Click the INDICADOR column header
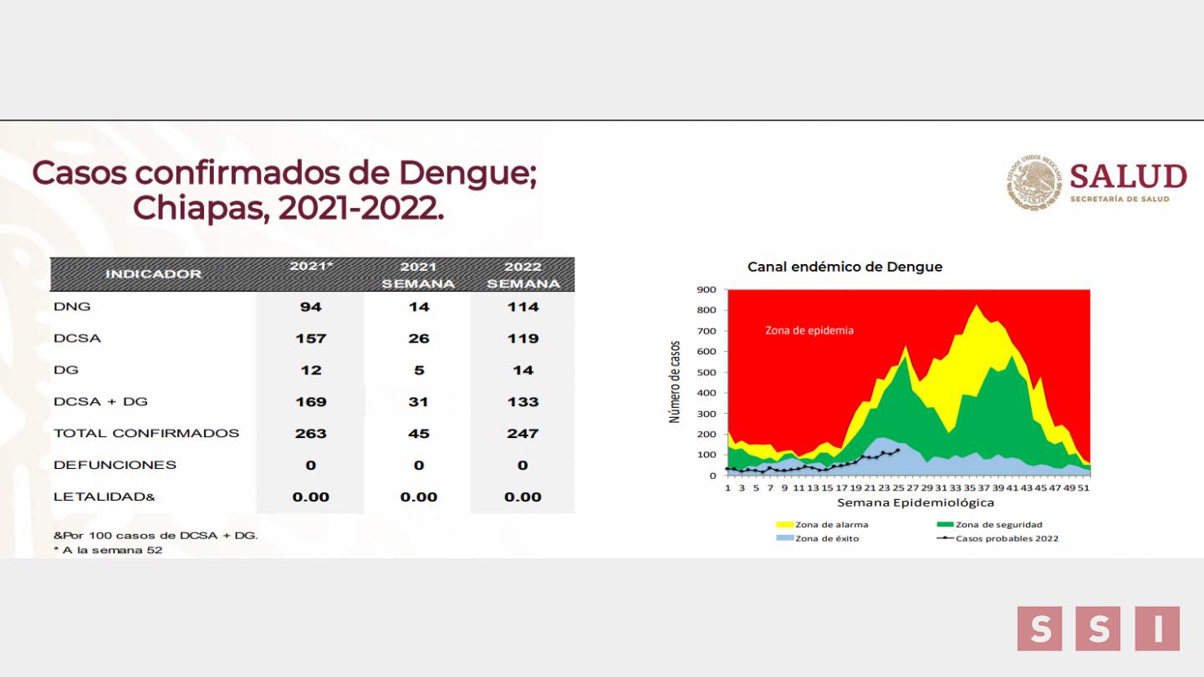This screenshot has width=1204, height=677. click(153, 274)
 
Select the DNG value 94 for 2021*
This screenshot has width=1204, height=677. click(311, 307)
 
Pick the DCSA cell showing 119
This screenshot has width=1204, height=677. click(523, 338)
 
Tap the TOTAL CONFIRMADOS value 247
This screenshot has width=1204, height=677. click(523, 433)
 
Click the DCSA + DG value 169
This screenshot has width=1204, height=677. click(311, 402)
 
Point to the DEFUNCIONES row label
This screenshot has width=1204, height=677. click(115, 465)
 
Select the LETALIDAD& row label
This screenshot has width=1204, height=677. click(105, 496)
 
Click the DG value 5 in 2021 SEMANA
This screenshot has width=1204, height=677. click(418, 370)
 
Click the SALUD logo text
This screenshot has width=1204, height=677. click(1128, 176)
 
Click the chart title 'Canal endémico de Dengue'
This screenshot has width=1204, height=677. click(844, 267)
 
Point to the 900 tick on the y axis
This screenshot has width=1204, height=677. click(707, 290)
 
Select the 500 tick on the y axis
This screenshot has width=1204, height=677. click(707, 373)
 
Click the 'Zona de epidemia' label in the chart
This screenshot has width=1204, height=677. click(809, 330)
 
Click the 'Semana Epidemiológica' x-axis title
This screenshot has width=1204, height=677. click(916, 503)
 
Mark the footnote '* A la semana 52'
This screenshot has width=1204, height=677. click(108, 550)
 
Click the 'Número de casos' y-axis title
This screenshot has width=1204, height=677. click(675, 381)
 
